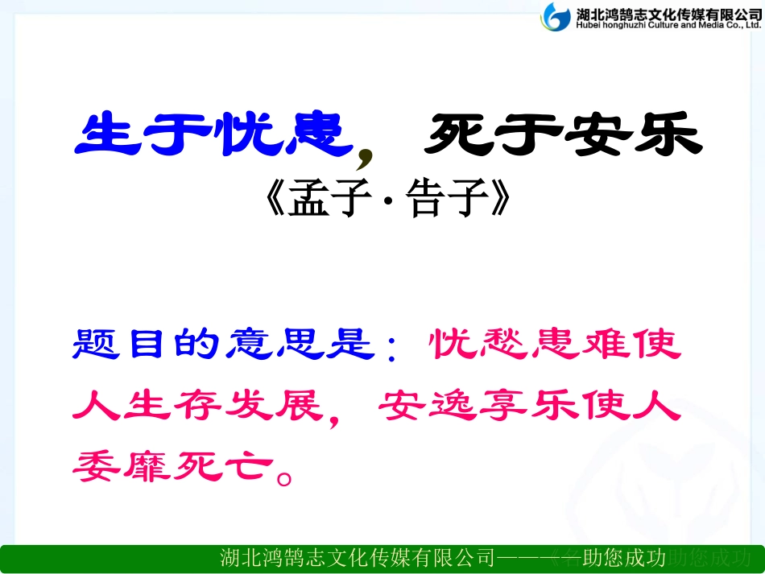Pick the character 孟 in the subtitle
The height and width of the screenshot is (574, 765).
(312, 203)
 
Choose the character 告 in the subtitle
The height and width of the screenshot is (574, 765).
(424, 203)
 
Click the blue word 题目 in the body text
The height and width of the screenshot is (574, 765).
(128, 344)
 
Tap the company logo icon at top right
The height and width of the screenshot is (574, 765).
(555, 16)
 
